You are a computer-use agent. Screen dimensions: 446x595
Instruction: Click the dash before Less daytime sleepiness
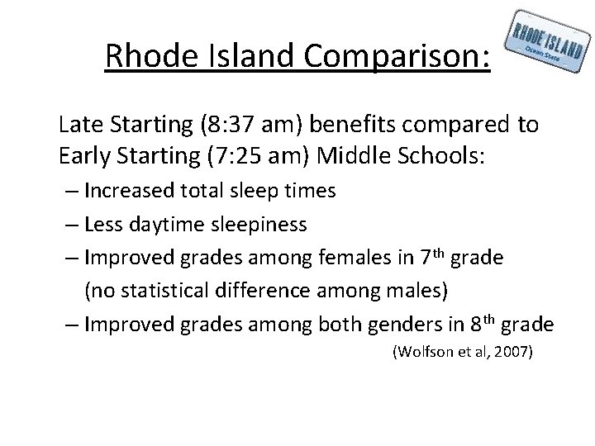tap(72, 224)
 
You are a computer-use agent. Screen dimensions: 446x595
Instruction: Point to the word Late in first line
tap(79, 125)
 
